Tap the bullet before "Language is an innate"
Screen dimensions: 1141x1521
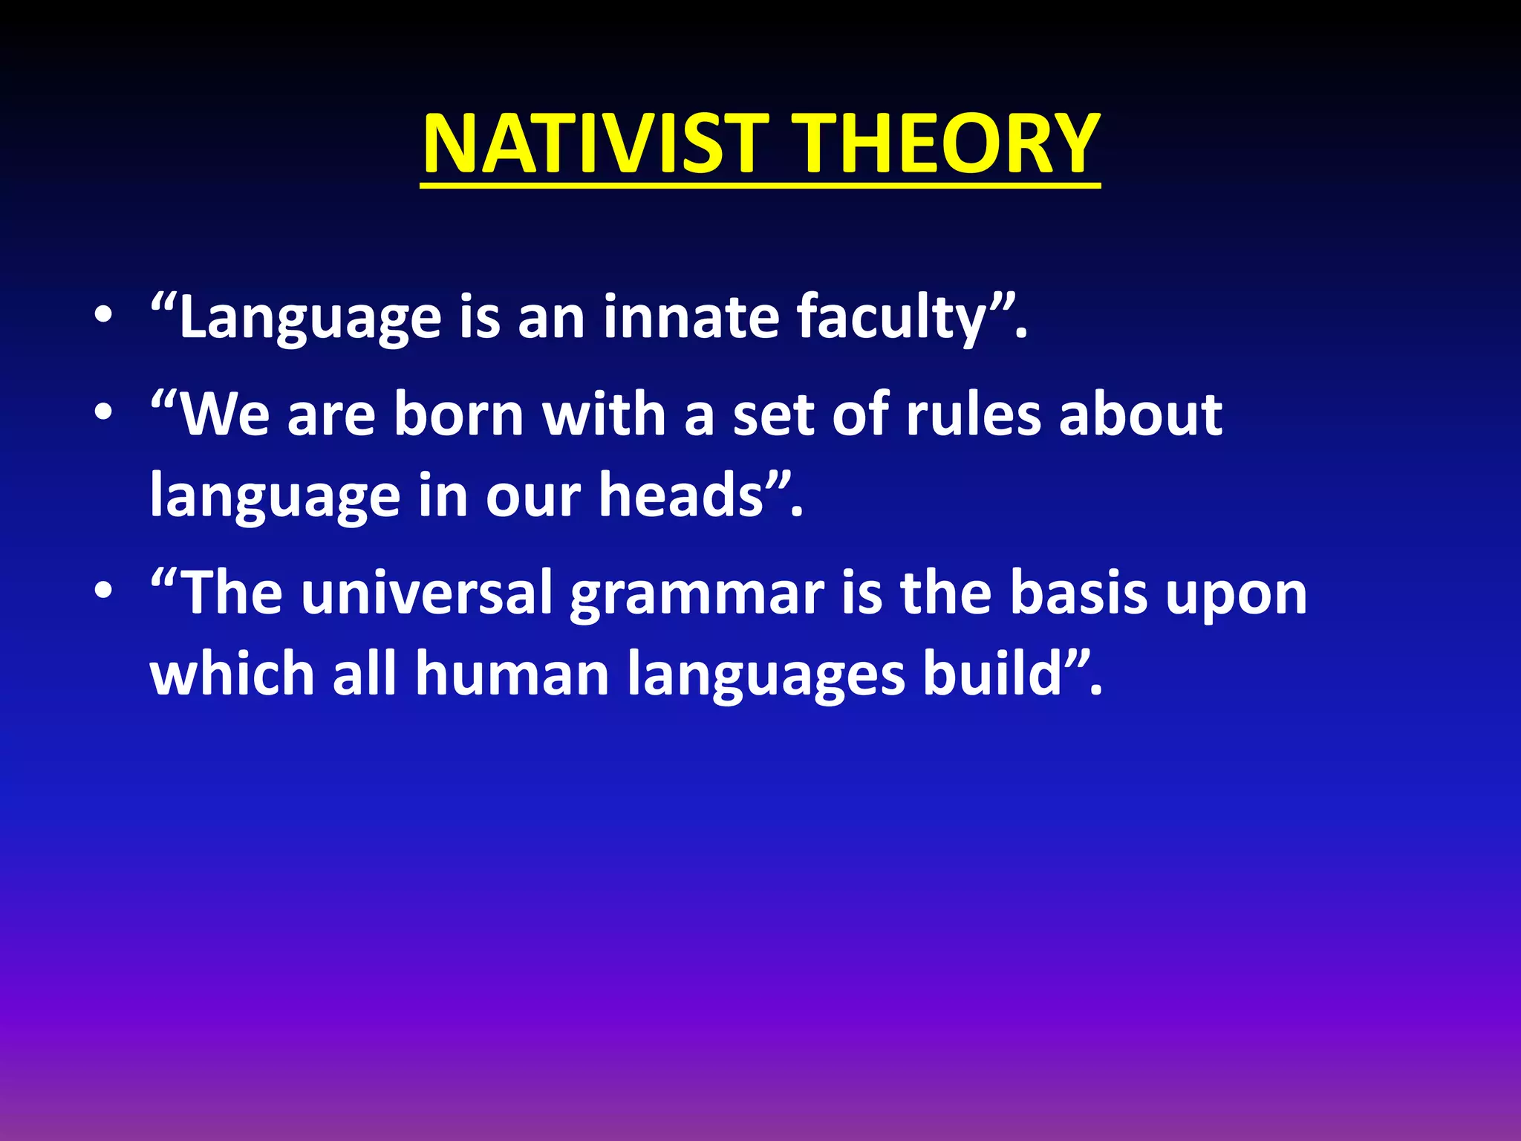[104, 315]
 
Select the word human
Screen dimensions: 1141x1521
[512, 674]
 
